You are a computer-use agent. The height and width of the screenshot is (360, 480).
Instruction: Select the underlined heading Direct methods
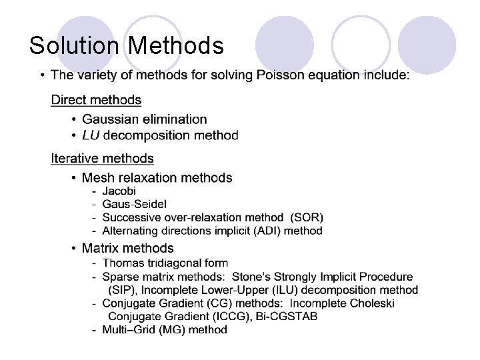pos(96,100)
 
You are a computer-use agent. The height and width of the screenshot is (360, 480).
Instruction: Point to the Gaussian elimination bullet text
pos(144,119)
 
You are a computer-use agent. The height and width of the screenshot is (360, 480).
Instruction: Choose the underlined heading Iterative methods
pos(102,159)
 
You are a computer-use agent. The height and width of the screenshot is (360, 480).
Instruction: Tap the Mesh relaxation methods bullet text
pos(157,178)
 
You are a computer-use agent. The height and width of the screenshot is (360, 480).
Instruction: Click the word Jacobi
pos(119,191)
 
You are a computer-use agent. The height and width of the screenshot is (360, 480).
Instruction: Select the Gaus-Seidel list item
pos(134,204)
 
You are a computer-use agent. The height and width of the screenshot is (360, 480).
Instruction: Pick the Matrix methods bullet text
pos(127,249)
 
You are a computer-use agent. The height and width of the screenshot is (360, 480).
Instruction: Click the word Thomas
pos(122,263)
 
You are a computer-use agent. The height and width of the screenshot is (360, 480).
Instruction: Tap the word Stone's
pos(253,277)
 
